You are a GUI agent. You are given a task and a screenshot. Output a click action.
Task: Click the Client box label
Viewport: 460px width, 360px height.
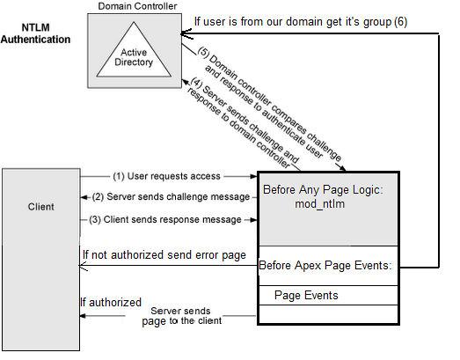coord(40,207)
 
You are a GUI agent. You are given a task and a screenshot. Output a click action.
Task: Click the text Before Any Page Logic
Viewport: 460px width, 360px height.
coord(323,189)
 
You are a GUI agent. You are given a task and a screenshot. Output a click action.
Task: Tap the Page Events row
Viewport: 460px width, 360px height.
coord(306,295)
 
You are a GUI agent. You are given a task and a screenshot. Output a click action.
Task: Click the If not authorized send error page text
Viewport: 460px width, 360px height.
coord(164,255)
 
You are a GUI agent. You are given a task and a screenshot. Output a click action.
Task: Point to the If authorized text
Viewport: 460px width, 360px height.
coord(112,302)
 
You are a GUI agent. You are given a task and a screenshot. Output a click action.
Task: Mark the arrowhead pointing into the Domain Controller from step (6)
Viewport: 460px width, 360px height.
coord(184,33)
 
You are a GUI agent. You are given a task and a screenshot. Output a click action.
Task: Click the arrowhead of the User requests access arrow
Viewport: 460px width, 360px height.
coord(252,176)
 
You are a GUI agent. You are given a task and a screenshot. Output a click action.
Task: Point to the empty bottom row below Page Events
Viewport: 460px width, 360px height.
coord(327,314)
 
